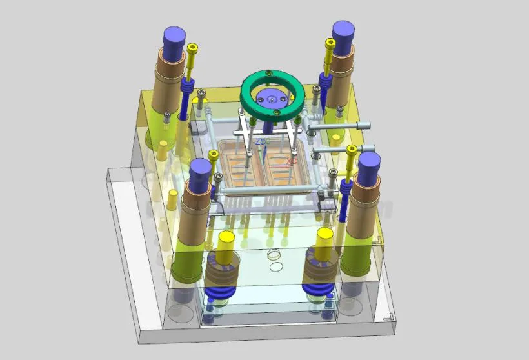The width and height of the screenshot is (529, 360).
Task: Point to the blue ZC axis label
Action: [262, 141]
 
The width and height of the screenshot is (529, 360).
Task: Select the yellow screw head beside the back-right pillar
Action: [331, 43]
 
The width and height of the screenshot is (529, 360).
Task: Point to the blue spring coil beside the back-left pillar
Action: [188, 88]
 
